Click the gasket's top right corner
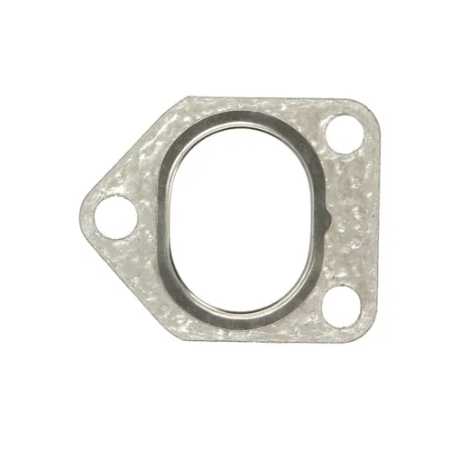372,106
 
